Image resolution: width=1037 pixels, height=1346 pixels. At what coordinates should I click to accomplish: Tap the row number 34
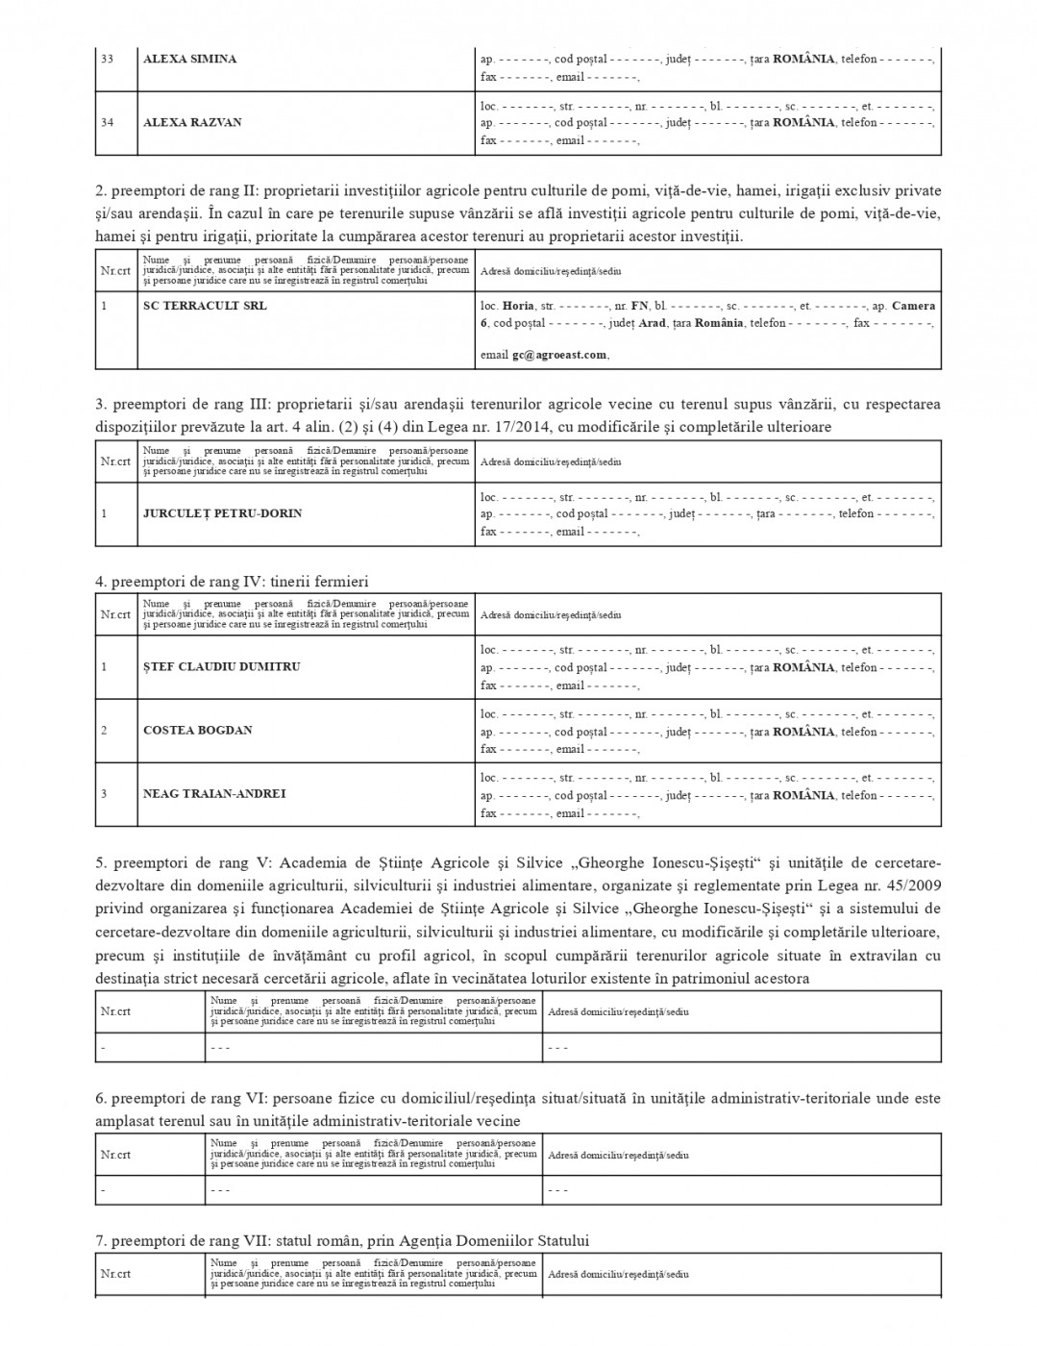107,122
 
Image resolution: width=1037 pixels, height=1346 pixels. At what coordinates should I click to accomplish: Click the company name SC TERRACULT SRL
205,306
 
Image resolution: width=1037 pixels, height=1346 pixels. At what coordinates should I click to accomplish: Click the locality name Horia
518,306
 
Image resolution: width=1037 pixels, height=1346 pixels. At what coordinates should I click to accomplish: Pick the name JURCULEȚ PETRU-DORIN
222,513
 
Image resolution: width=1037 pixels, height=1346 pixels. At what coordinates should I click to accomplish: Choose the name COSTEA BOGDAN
198,731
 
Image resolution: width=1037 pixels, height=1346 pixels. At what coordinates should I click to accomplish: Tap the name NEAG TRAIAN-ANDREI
214,794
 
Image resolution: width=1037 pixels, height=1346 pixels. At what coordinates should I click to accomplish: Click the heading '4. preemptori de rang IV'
232,582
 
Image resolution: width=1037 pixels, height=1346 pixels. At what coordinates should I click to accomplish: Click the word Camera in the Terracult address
913,306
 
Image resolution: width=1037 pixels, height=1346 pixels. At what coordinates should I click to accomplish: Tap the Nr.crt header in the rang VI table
115,1155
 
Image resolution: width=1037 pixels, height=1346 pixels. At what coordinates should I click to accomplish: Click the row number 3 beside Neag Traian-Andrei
104,794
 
